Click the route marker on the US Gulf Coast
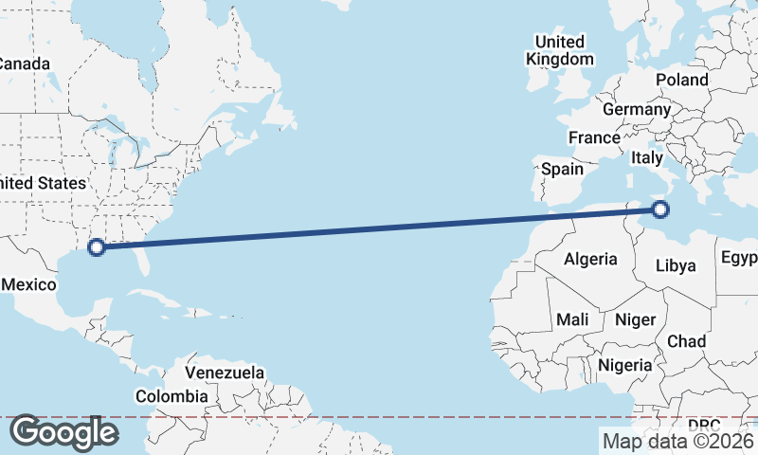(96, 247)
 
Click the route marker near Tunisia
(661, 209)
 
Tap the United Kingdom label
(560, 50)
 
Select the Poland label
(681, 80)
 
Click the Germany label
(636, 109)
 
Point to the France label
(594, 137)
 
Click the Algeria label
(590, 259)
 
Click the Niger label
(635, 319)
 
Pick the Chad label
(686, 340)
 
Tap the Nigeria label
(624, 365)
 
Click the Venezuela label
(225, 373)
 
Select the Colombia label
(171, 395)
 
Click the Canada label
(23, 64)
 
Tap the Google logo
(63, 432)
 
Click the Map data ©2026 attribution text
(677, 440)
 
